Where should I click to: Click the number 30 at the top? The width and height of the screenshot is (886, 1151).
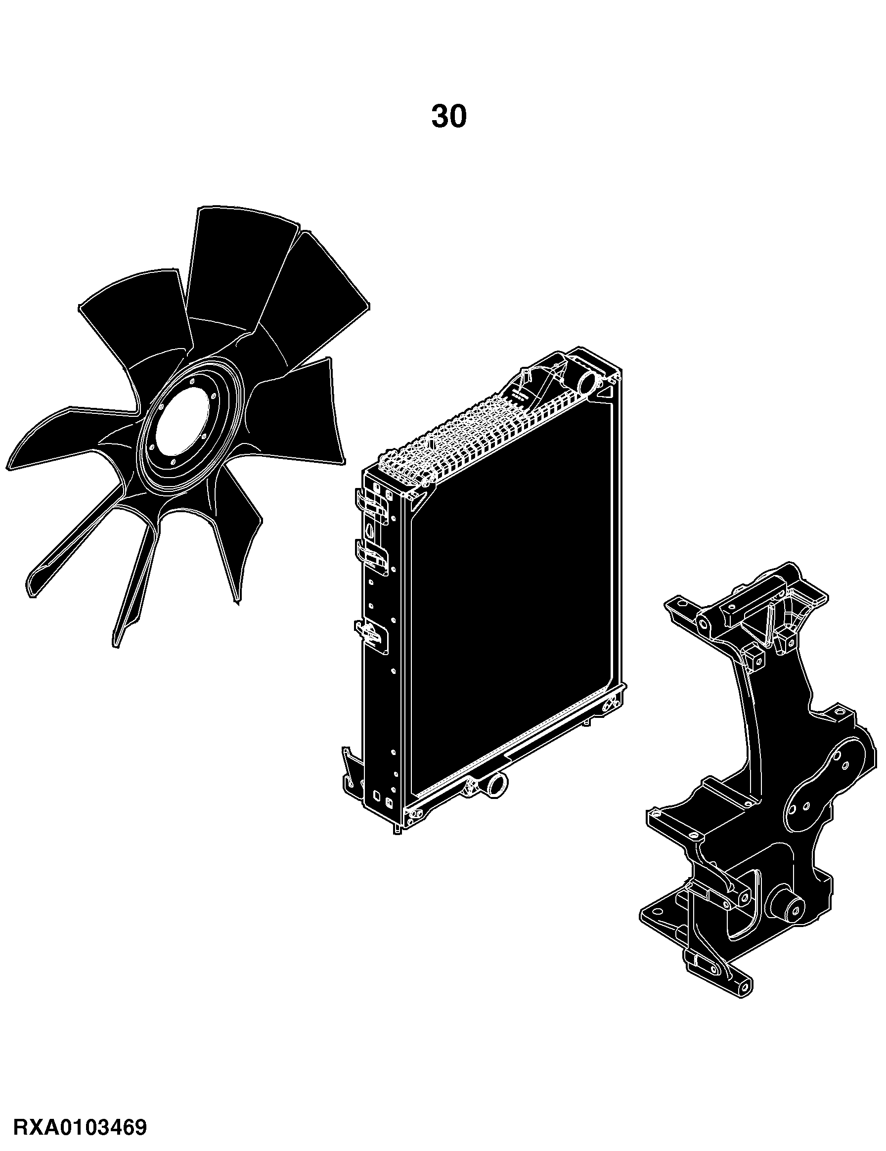click(448, 117)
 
